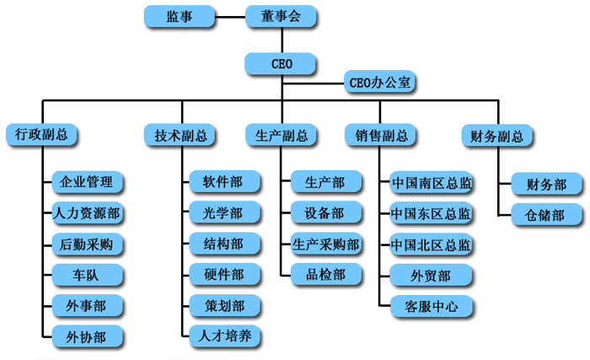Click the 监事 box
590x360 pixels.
[178, 15]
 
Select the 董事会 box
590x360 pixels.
[281, 15]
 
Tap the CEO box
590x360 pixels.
[281, 63]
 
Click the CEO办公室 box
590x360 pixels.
[379, 83]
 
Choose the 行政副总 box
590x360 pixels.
[41, 135]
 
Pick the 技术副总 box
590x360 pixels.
[180, 135]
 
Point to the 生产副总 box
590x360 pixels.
[281, 135]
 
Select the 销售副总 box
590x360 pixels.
[381, 135]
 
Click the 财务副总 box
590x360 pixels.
[497, 135]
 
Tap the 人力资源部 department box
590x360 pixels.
[88, 212]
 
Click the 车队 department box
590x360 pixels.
[88, 275]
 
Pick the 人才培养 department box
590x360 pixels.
[223, 336]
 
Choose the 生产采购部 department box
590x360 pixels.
[326, 244]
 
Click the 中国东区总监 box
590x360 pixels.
[431, 212]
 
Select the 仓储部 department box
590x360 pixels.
[545, 213]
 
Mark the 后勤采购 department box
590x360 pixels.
[88, 244]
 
